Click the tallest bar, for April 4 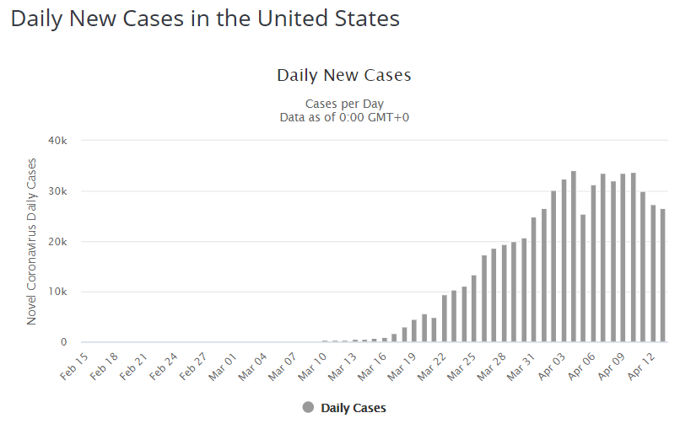574,256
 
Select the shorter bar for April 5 583,278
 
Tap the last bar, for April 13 662,276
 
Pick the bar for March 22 445,319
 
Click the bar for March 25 474,308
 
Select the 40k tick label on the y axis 57,141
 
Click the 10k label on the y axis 57,292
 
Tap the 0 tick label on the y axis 64,342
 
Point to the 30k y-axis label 57,191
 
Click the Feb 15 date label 73,366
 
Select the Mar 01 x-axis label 223,367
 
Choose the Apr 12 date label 640,366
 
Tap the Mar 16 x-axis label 372,367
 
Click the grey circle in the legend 308,407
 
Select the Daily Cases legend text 353,408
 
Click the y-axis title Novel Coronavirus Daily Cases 31,241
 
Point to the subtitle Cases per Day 344,104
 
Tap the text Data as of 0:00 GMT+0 344,117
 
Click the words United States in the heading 328,19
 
